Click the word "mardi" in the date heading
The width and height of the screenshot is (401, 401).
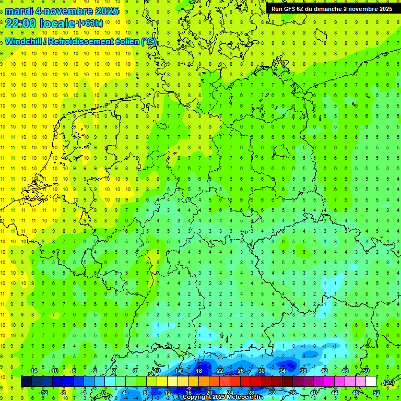pyautogui.click(x=19, y=11)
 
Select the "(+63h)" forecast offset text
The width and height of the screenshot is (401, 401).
pyautogui.click(x=90, y=23)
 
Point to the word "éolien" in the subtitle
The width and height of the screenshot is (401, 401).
pyautogui.click(x=124, y=41)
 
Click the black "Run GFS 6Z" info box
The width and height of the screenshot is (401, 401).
pyautogui.click(x=332, y=9)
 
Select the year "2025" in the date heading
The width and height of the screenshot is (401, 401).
pyautogui.click(x=104, y=11)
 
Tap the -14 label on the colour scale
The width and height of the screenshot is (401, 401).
pyautogui.click(x=33, y=371)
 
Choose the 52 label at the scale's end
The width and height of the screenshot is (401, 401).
pyautogui.click(x=376, y=392)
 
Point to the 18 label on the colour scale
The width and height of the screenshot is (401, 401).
pyautogui.click(x=199, y=371)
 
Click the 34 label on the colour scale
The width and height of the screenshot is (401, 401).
pyautogui.click(x=282, y=371)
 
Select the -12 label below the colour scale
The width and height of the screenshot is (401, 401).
pyautogui.click(x=43, y=392)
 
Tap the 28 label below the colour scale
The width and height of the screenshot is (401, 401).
pyautogui.click(x=251, y=392)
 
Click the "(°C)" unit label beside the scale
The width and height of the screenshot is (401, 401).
pyautogui.click(x=388, y=382)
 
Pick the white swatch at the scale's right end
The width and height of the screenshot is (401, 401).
pyautogui.click(x=371, y=382)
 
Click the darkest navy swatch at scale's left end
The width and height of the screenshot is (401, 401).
pyautogui.click(x=26, y=382)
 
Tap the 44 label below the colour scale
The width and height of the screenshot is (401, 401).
pyautogui.click(x=335, y=392)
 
